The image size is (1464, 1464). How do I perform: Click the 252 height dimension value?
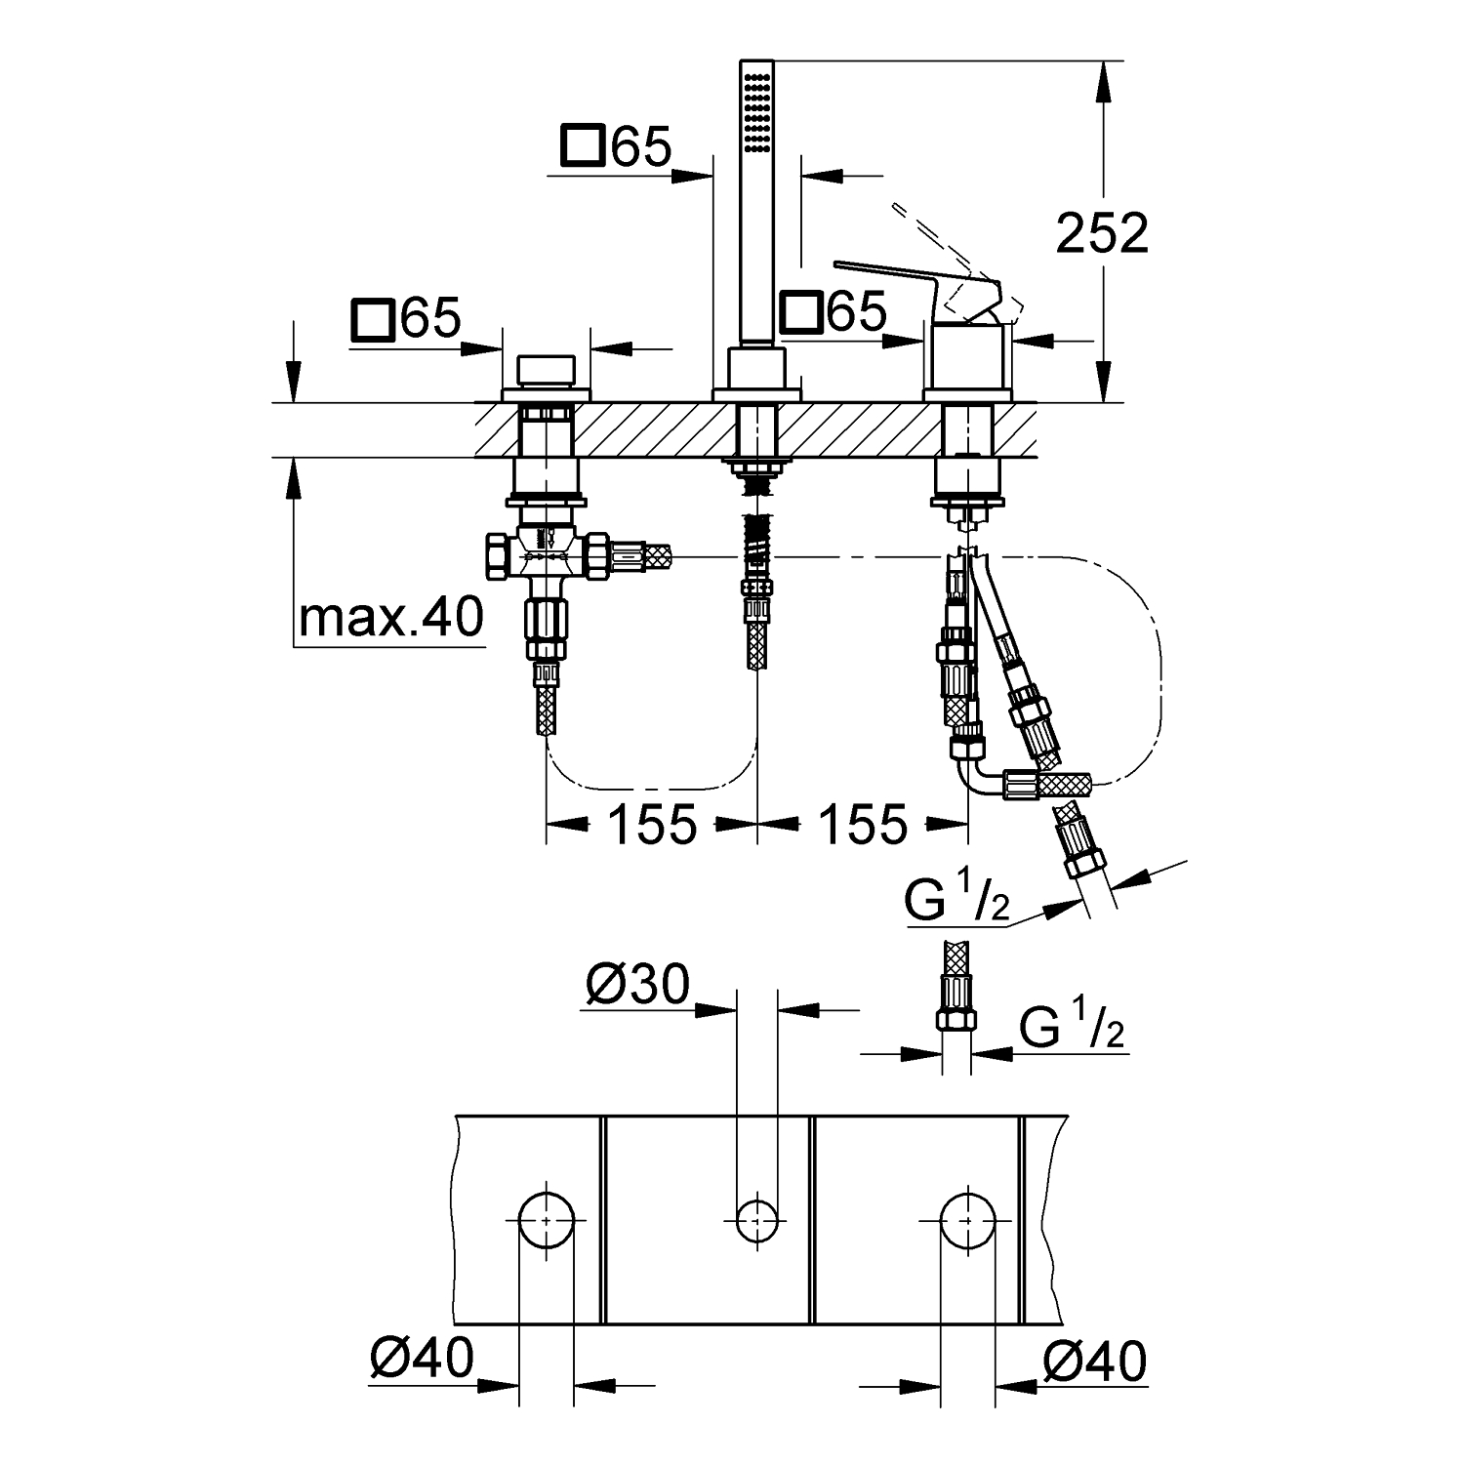[1102, 234]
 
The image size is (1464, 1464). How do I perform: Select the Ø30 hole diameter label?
[637, 986]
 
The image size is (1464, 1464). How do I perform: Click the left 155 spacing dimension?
[652, 825]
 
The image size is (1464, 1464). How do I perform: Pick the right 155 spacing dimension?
[863, 825]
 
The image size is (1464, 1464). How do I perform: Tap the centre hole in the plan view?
[756, 1219]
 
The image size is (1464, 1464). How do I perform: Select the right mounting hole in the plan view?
[967, 1219]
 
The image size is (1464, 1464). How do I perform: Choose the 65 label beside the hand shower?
[641, 147]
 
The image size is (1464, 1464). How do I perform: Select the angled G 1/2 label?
[956, 903]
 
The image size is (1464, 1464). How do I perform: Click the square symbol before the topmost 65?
[583, 147]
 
